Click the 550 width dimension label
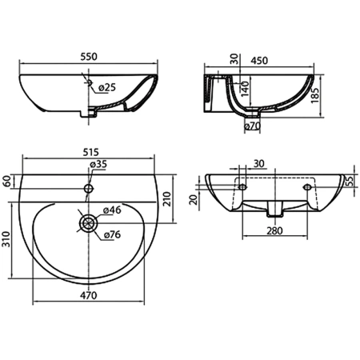89,57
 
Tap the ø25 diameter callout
106,87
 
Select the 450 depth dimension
259,61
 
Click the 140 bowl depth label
245,89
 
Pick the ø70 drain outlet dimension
252,126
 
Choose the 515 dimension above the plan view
90,152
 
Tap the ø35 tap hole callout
98,164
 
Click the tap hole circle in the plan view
89,189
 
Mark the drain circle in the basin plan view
88,223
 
